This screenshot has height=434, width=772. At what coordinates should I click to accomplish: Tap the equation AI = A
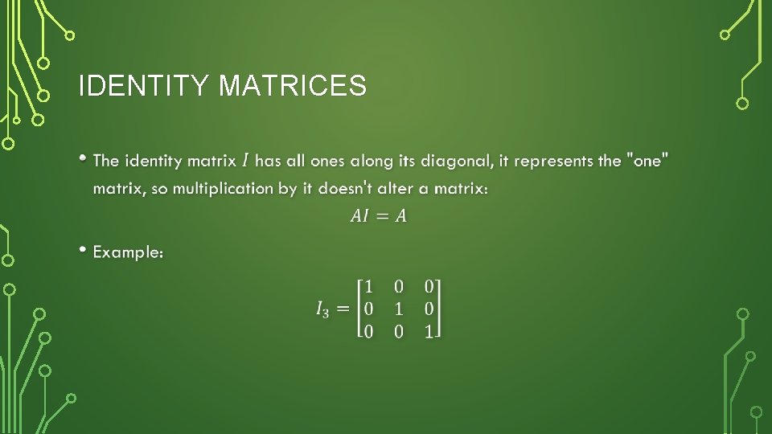click(379, 215)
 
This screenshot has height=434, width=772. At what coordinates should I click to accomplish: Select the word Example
click(128, 252)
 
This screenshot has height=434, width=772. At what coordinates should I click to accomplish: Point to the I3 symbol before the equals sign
click(322, 309)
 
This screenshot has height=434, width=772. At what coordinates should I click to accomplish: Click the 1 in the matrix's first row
click(368, 286)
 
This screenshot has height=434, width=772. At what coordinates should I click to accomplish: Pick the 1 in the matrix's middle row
click(399, 309)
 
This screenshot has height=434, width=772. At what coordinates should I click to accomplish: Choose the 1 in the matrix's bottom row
click(429, 330)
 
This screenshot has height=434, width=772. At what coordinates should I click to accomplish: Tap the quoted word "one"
click(647, 161)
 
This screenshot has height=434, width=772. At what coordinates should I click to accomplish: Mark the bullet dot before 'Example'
click(84, 250)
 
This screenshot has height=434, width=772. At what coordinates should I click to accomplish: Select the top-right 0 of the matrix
click(429, 286)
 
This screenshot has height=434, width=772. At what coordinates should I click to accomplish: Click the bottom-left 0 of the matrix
click(368, 330)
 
